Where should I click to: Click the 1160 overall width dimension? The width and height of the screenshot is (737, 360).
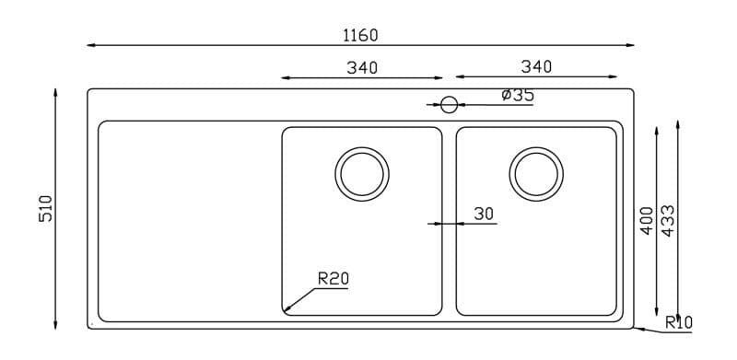click(360, 35)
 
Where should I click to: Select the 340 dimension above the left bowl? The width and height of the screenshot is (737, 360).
click(362, 68)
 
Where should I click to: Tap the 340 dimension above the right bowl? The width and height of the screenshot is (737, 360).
click(536, 67)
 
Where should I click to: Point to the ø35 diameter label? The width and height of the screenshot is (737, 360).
click(518, 95)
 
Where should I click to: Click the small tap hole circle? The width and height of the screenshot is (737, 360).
click(449, 105)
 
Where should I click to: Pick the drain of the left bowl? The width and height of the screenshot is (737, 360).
click(362, 174)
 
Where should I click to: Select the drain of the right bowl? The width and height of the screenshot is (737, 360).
click(536, 174)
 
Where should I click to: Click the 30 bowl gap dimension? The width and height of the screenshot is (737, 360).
click(484, 214)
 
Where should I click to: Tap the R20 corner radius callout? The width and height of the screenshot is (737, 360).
click(333, 279)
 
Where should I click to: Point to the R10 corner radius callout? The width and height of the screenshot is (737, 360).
click(679, 322)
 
